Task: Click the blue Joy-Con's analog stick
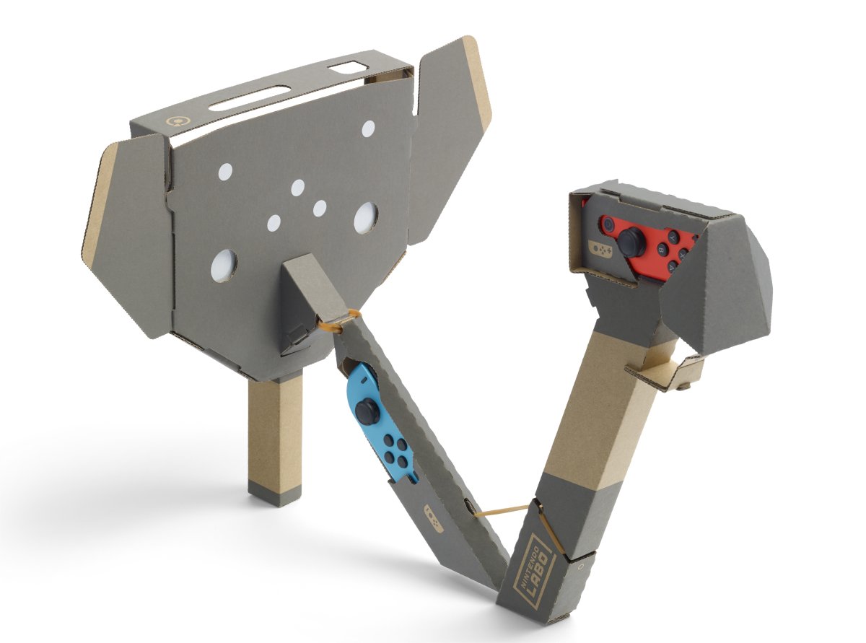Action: tap(366, 409)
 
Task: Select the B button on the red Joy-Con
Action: tap(662, 249)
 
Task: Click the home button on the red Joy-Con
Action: tap(608, 224)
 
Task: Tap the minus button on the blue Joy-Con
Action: tap(364, 381)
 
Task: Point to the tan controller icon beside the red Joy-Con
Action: tap(602, 248)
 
